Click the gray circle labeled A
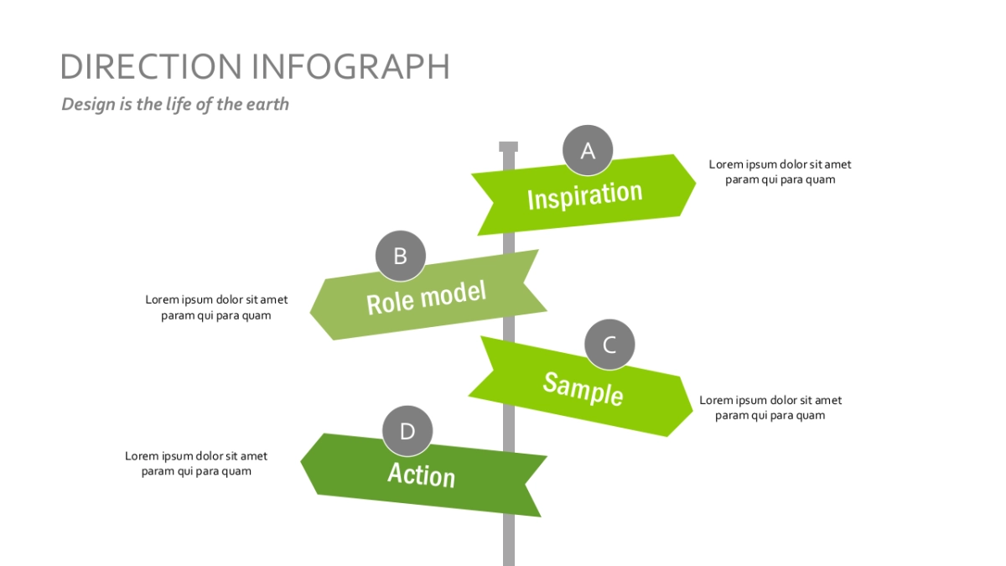pos(588,150)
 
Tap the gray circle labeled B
pos(400,256)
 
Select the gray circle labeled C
pos(609,345)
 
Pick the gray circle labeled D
pos(407,431)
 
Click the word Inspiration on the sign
pos(585,196)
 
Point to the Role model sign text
pos(426,298)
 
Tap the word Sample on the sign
pos(583,389)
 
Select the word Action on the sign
pos(421,475)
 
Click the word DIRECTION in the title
pos(151,66)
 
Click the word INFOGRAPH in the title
pos(350,66)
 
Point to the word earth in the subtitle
pos(267,104)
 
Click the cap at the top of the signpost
pos(508,147)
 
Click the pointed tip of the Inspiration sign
pos(696,183)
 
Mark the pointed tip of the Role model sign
pos(310,311)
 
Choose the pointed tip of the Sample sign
pos(692,410)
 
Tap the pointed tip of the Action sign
pos(301,461)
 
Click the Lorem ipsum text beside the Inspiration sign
pos(780,172)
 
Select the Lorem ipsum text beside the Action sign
pos(196,464)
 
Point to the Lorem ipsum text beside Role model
pos(216,308)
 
